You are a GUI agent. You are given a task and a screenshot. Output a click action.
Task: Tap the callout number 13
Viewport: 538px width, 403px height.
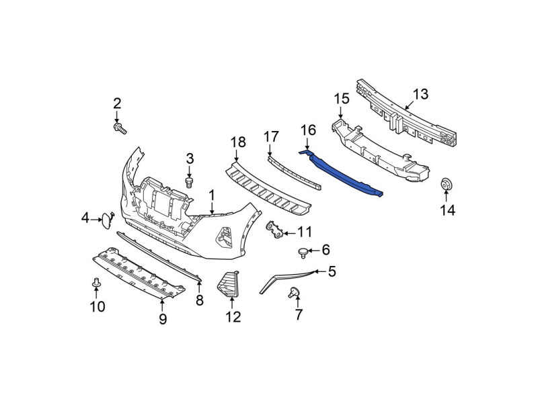421,94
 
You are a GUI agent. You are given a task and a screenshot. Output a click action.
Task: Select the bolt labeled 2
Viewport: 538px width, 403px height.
120,129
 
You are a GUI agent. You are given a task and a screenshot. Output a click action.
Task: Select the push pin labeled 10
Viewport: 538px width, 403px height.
95,283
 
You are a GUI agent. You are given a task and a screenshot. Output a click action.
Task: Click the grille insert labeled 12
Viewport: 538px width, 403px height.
228,284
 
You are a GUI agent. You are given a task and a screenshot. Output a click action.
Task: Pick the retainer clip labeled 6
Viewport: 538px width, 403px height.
303,253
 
